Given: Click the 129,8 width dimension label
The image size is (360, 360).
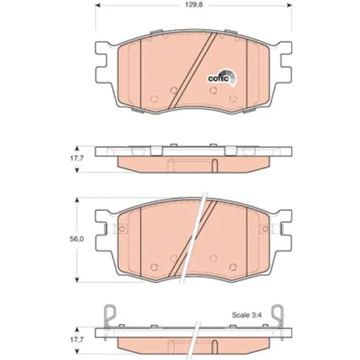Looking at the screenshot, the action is click(194, 5).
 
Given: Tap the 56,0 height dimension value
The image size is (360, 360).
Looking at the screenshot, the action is click(76, 239).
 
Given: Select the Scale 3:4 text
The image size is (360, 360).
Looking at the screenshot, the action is click(247, 315).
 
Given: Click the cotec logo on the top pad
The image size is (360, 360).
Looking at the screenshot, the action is click(222, 77).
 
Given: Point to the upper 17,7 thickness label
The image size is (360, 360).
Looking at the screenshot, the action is click(77, 158).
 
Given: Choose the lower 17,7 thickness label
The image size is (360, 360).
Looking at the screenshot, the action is click(77, 340).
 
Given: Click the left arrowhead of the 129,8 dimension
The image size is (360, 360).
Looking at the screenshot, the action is click(98, 5).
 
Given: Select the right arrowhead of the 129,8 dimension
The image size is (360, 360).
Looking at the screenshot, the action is click(289, 5).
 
